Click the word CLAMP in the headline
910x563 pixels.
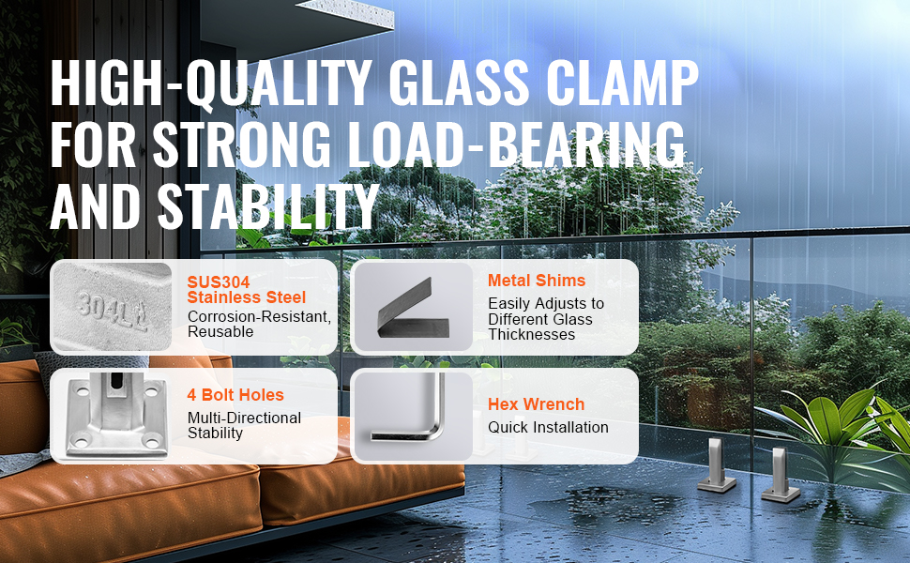622,82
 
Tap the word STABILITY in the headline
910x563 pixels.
268,206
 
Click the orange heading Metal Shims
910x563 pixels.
537,281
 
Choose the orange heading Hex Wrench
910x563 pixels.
536,404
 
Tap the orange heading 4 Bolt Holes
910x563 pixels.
235,395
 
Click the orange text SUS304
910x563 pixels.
219,282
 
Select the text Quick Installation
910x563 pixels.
548,427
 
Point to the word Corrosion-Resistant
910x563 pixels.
259,317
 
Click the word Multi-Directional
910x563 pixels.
244,418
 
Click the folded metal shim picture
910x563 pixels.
412,309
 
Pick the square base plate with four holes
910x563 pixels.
116,417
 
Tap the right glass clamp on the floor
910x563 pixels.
781,475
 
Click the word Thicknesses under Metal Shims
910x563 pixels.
532,334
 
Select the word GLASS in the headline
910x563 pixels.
459,82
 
